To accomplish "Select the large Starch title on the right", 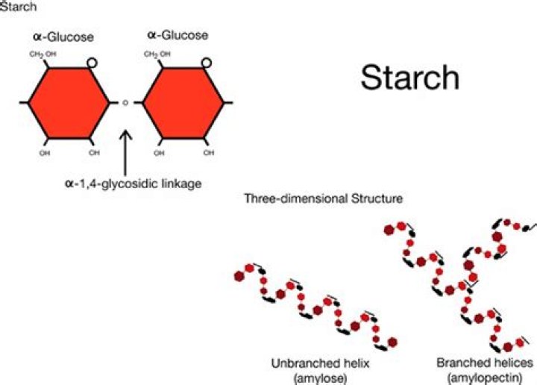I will [410, 77].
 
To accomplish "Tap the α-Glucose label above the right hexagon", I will [178, 35].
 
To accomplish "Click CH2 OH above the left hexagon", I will [43, 54].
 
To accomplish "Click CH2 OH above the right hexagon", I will [156, 54].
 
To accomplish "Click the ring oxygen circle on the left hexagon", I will [92, 63].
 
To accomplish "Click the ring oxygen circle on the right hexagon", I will [206, 63].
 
